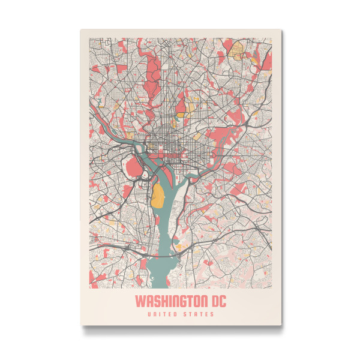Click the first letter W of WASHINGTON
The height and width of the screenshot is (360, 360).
coord(139,299)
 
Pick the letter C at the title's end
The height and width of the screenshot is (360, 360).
coord(223,299)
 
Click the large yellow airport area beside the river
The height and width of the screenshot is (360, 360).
coord(158,196)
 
